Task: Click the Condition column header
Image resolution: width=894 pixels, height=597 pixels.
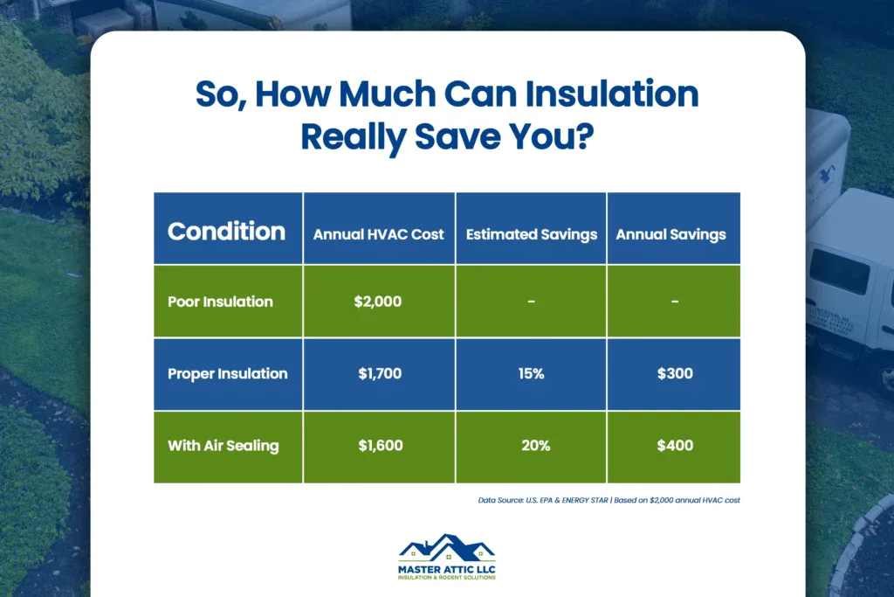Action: pyautogui.click(x=226, y=232)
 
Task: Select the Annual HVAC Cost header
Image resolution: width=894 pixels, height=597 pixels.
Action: pyautogui.click(x=379, y=234)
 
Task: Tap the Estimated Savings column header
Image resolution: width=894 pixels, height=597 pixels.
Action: pyautogui.click(x=532, y=234)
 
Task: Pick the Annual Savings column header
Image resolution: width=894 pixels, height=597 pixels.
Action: pyautogui.click(x=671, y=234)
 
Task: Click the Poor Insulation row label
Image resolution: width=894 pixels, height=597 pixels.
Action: pyautogui.click(x=220, y=302)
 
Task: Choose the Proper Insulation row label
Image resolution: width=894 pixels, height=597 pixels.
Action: pyautogui.click(x=227, y=373)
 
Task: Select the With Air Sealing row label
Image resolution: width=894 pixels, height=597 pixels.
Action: pyautogui.click(x=223, y=446)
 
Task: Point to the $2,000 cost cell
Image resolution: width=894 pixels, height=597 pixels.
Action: pyautogui.click(x=380, y=302)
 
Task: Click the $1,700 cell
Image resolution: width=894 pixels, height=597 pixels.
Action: pyautogui.click(x=380, y=374)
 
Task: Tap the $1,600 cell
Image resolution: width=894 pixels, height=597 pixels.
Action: pyautogui.click(x=380, y=446)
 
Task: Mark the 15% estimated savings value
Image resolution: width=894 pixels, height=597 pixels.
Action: pyautogui.click(x=532, y=374)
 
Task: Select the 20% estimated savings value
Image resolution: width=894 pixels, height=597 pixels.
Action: pyautogui.click(x=532, y=446)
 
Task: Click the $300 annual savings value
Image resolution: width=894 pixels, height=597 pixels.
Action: pyautogui.click(x=674, y=374)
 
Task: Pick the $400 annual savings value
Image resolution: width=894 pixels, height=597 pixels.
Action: pyautogui.click(x=674, y=446)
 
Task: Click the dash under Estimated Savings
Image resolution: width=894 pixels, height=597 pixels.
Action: pyautogui.click(x=532, y=302)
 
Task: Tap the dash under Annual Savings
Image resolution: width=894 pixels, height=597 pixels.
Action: pyautogui.click(x=674, y=302)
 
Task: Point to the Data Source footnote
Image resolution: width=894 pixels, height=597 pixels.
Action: pyautogui.click(x=609, y=500)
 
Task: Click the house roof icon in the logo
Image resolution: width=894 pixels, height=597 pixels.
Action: pyautogui.click(x=446, y=547)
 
